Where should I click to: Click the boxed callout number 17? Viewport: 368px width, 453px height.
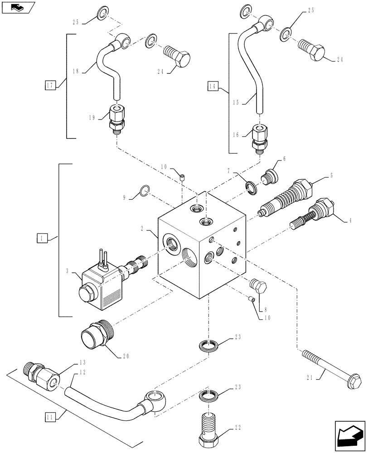click(50, 85)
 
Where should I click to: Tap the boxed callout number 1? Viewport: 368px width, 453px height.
click(42, 237)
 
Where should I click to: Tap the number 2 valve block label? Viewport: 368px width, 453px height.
click(142, 229)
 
